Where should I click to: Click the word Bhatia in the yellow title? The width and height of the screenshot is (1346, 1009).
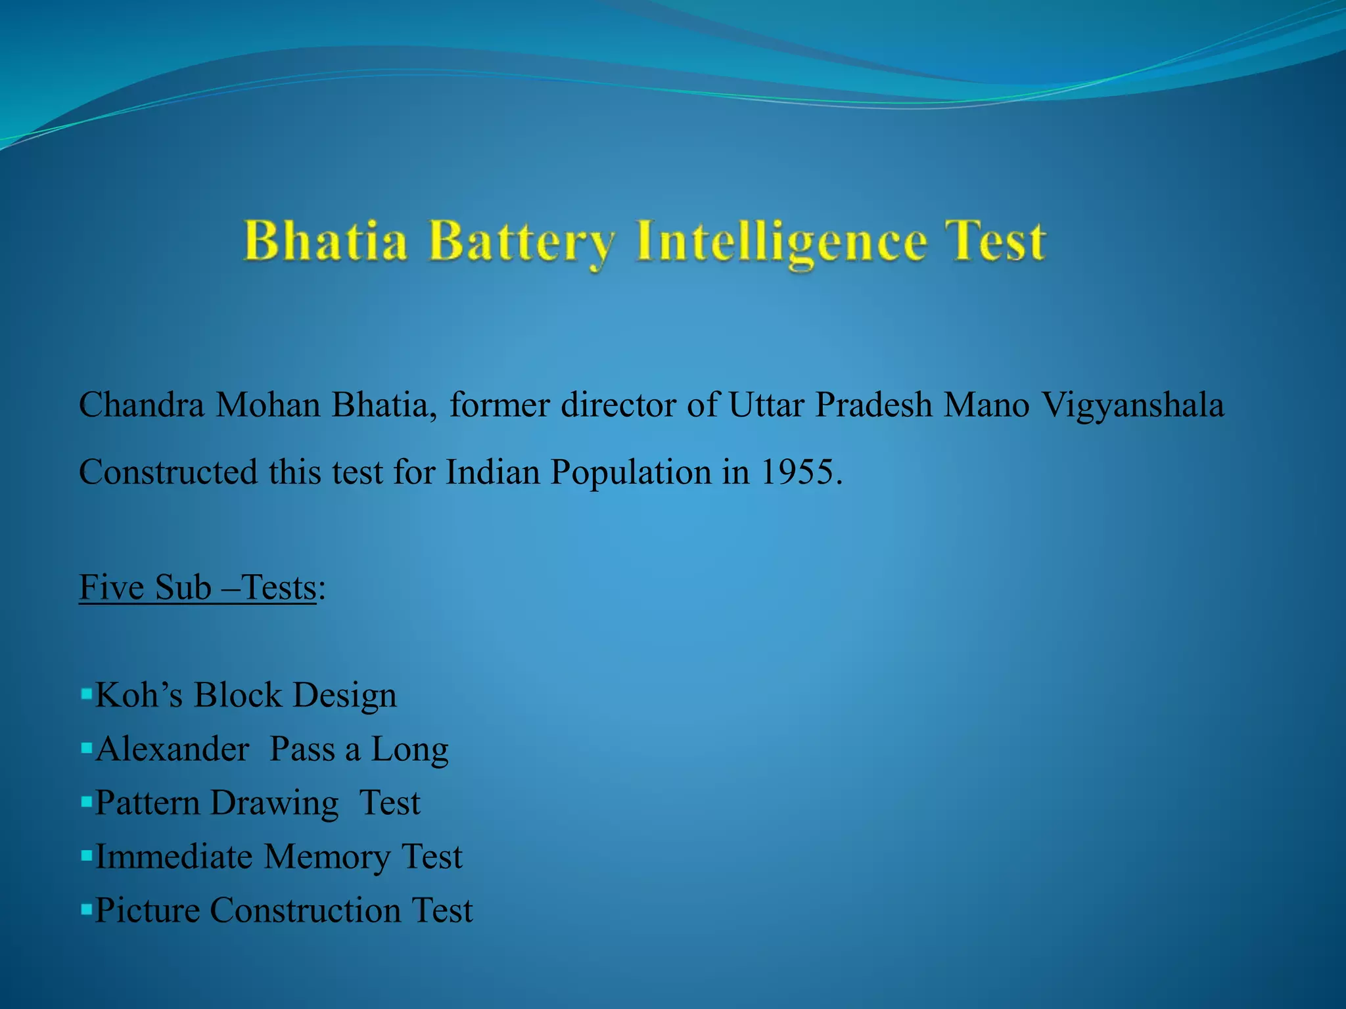tap(325, 242)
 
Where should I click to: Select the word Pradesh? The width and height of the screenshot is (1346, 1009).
tap(873, 405)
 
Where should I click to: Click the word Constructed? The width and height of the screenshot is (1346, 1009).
tap(168, 472)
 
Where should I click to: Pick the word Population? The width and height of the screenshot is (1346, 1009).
tap(630, 473)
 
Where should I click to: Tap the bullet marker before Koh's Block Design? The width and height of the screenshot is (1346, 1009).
tap(86, 693)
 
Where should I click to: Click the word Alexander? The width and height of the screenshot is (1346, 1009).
tap(172, 749)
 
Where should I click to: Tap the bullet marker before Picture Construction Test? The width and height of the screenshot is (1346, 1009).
tap(86, 909)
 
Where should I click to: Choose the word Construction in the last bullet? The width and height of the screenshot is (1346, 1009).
tap(305, 910)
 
